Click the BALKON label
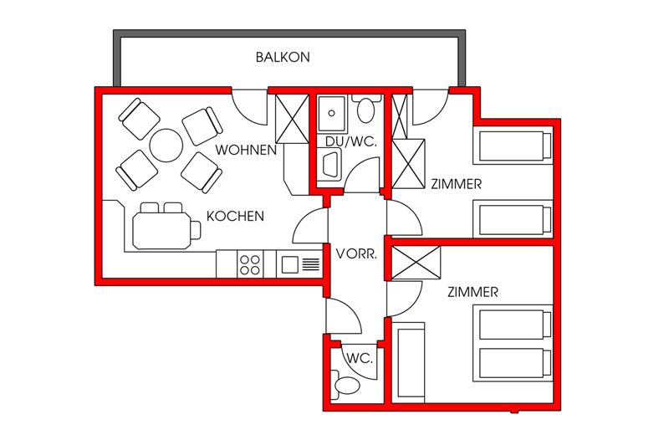[283, 57]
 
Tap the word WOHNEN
[246, 150]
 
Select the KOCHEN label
[235, 216]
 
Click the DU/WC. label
[350, 142]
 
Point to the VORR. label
[356, 254]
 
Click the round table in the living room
[166, 145]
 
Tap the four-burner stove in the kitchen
[249, 264]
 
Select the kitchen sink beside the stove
[299, 264]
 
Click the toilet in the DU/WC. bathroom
[365, 107]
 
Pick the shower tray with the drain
[331, 114]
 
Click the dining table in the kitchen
[161, 231]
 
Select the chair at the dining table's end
[196, 230]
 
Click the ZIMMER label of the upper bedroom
[456, 184]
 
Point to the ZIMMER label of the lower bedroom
[472, 292]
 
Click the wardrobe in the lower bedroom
[416, 263]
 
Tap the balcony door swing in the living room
[250, 108]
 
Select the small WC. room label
[360, 358]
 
